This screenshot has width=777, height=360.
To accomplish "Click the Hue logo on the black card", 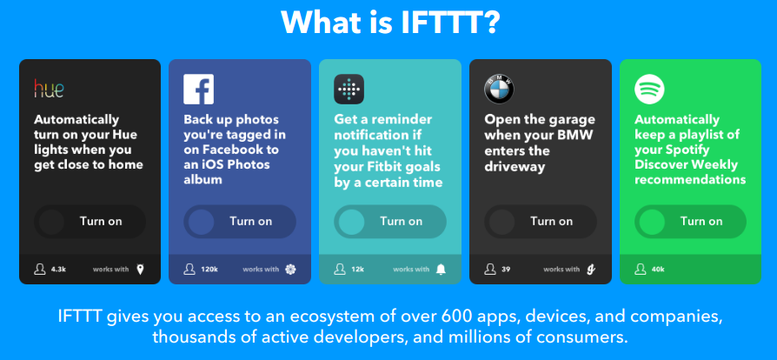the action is tap(49, 89).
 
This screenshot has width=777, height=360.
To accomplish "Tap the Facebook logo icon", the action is tap(199, 90).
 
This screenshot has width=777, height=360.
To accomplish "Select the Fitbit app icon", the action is tap(349, 90).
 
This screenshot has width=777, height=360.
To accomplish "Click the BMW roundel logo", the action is tap(499, 90).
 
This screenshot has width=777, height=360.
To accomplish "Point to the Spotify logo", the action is tap(649, 90).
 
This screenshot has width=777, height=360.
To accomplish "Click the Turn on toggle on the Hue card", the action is tap(90, 222).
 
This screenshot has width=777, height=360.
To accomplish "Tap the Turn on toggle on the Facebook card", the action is tap(240, 222).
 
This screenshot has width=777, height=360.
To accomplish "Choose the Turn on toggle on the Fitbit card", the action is tap(390, 222).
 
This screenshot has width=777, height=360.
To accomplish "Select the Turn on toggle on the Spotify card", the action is tap(690, 222).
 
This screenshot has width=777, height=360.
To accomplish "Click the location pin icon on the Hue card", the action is tap(140, 270).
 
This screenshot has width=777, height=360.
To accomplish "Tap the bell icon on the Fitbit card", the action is tap(441, 270).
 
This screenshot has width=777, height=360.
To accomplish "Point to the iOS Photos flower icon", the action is tap(290, 270).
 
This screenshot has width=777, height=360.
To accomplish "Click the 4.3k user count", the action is tap(58, 270).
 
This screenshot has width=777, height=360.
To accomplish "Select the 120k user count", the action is tap(209, 270).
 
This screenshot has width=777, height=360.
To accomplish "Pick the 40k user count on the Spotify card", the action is tap(658, 270).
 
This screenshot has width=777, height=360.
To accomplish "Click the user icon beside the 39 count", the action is tap(490, 270).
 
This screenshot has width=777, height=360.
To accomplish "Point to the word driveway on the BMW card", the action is tap(515, 166).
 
